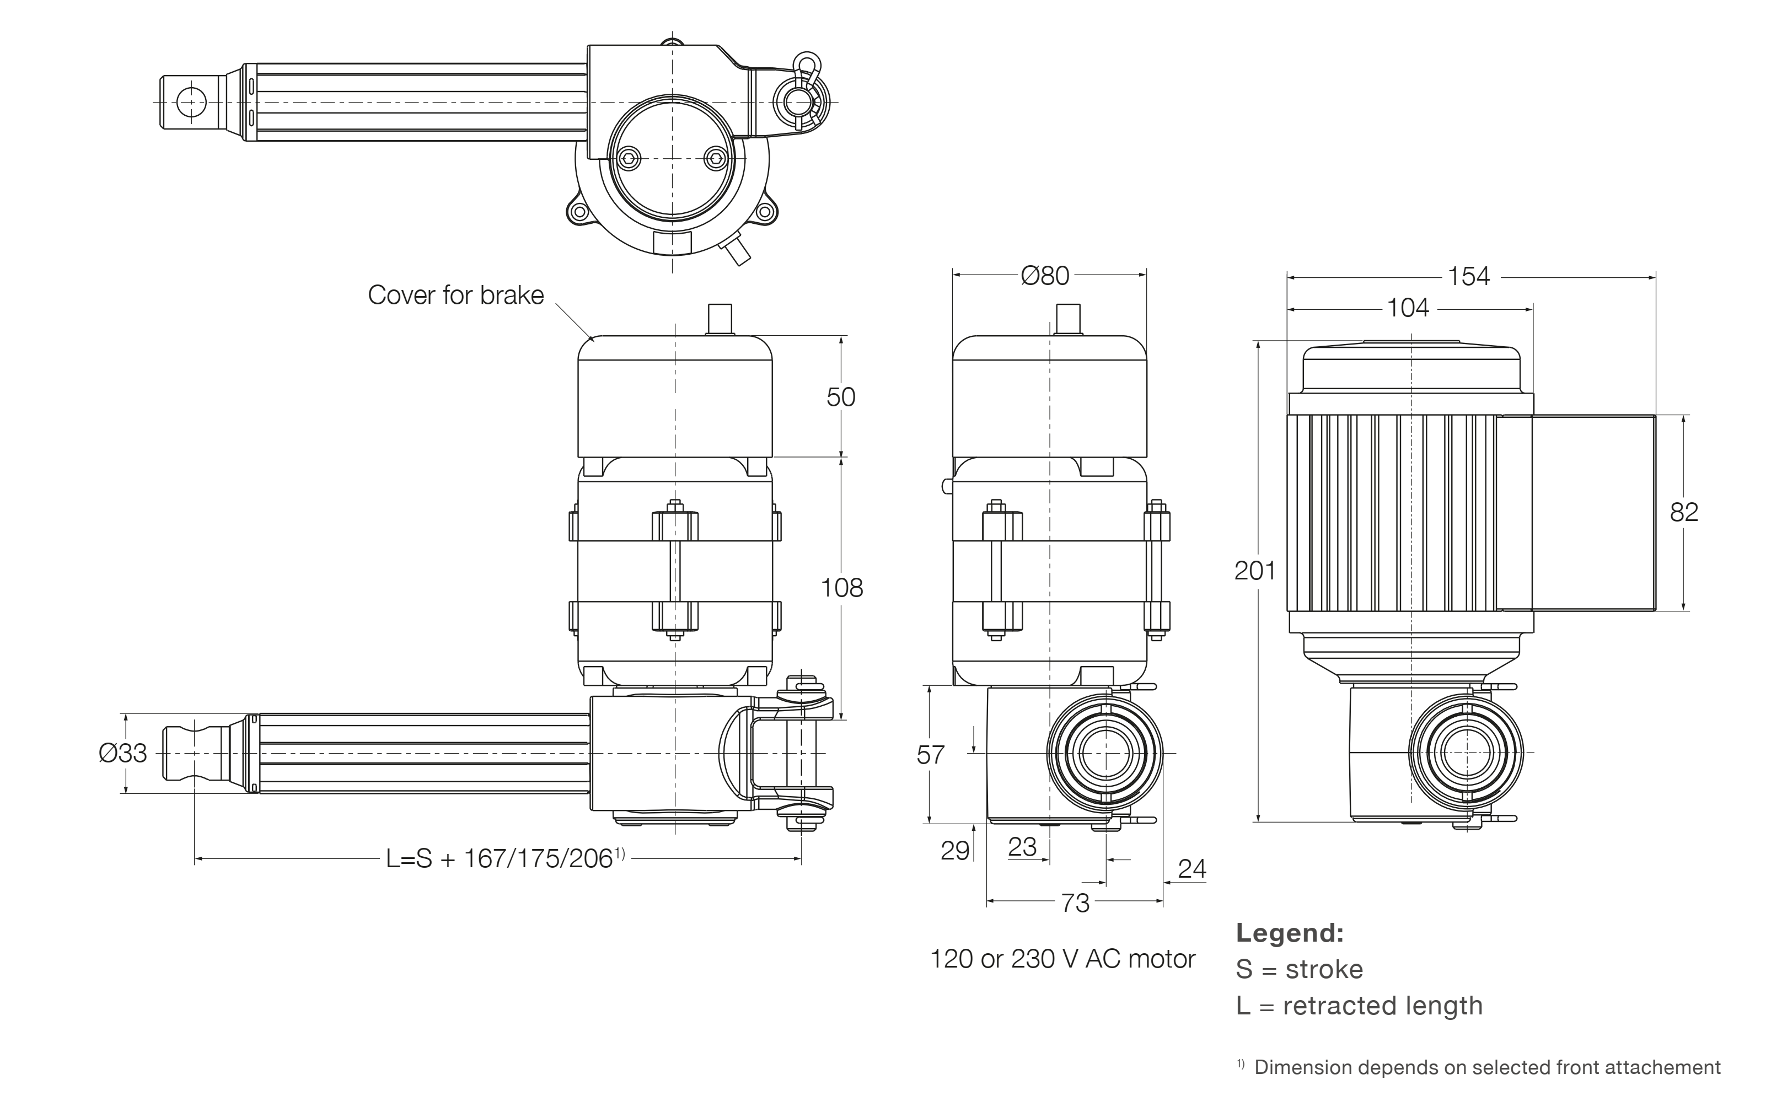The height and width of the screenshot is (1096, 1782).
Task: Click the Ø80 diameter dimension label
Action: [x=1045, y=276]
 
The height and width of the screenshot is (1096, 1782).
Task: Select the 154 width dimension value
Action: [x=1468, y=276]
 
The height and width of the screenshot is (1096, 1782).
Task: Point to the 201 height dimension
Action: [x=1254, y=571]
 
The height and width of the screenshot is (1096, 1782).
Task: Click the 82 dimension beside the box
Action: [x=1683, y=513]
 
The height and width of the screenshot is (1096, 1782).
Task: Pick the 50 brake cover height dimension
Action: [x=840, y=397]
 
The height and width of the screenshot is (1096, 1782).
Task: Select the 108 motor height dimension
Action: [x=841, y=588]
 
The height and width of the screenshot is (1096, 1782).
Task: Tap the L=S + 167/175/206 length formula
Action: [x=504, y=859]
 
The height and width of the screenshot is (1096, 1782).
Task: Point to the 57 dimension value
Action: [x=930, y=755]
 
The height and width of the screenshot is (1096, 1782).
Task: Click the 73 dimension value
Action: [x=1075, y=903]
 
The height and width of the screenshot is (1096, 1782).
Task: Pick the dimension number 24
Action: [x=1192, y=868]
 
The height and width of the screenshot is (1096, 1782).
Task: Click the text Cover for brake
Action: [x=455, y=295]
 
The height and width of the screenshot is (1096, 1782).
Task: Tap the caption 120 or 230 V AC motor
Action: [x=1062, y=959]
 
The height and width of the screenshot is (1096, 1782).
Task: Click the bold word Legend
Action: [x=1290, y=933]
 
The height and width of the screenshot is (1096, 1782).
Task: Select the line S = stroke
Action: [x=1299, y=969]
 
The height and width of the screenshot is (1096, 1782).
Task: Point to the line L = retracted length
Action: [x=1359, y=1006]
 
